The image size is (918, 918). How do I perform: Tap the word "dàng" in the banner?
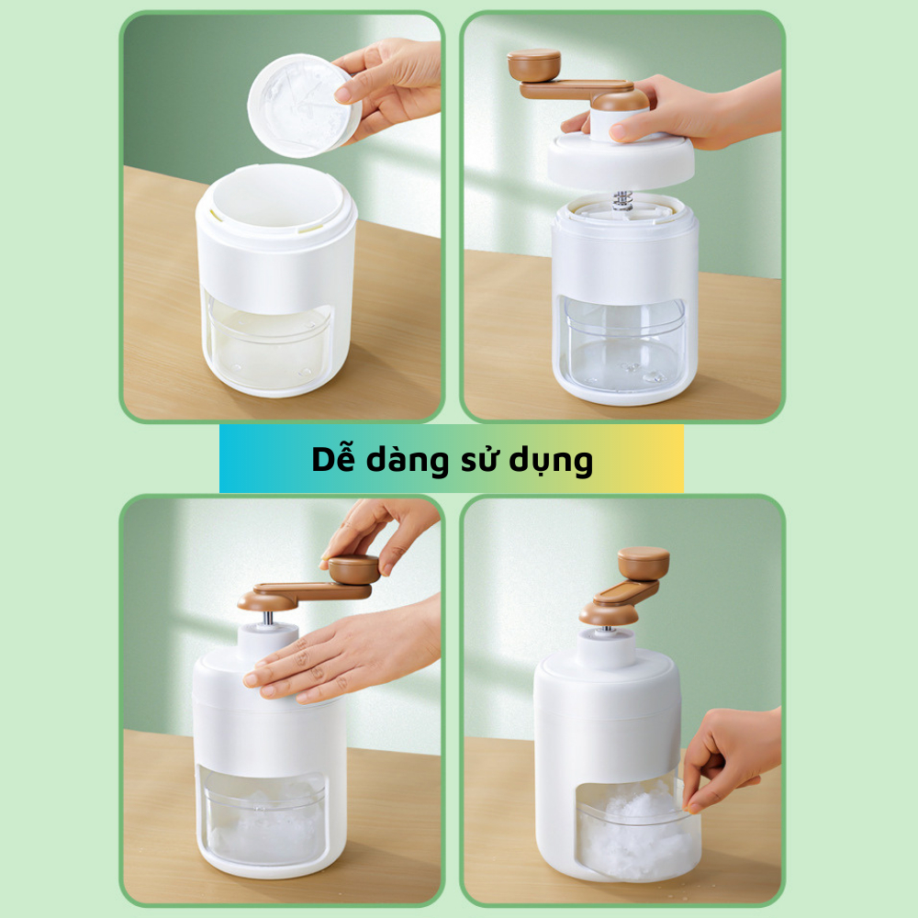click(x=407, y=461)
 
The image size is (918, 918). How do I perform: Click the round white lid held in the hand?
click(x=303, y=106)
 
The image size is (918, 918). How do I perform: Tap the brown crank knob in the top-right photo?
click(x=533, y=65)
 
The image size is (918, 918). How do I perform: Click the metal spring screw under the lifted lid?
click(x=622, y=200)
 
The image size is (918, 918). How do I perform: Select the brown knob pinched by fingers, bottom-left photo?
click(x=353, y=570)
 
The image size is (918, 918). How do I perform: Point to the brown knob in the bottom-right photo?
click(x=644, y=564)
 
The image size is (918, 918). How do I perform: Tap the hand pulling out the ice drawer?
click(x=732, y=758)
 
